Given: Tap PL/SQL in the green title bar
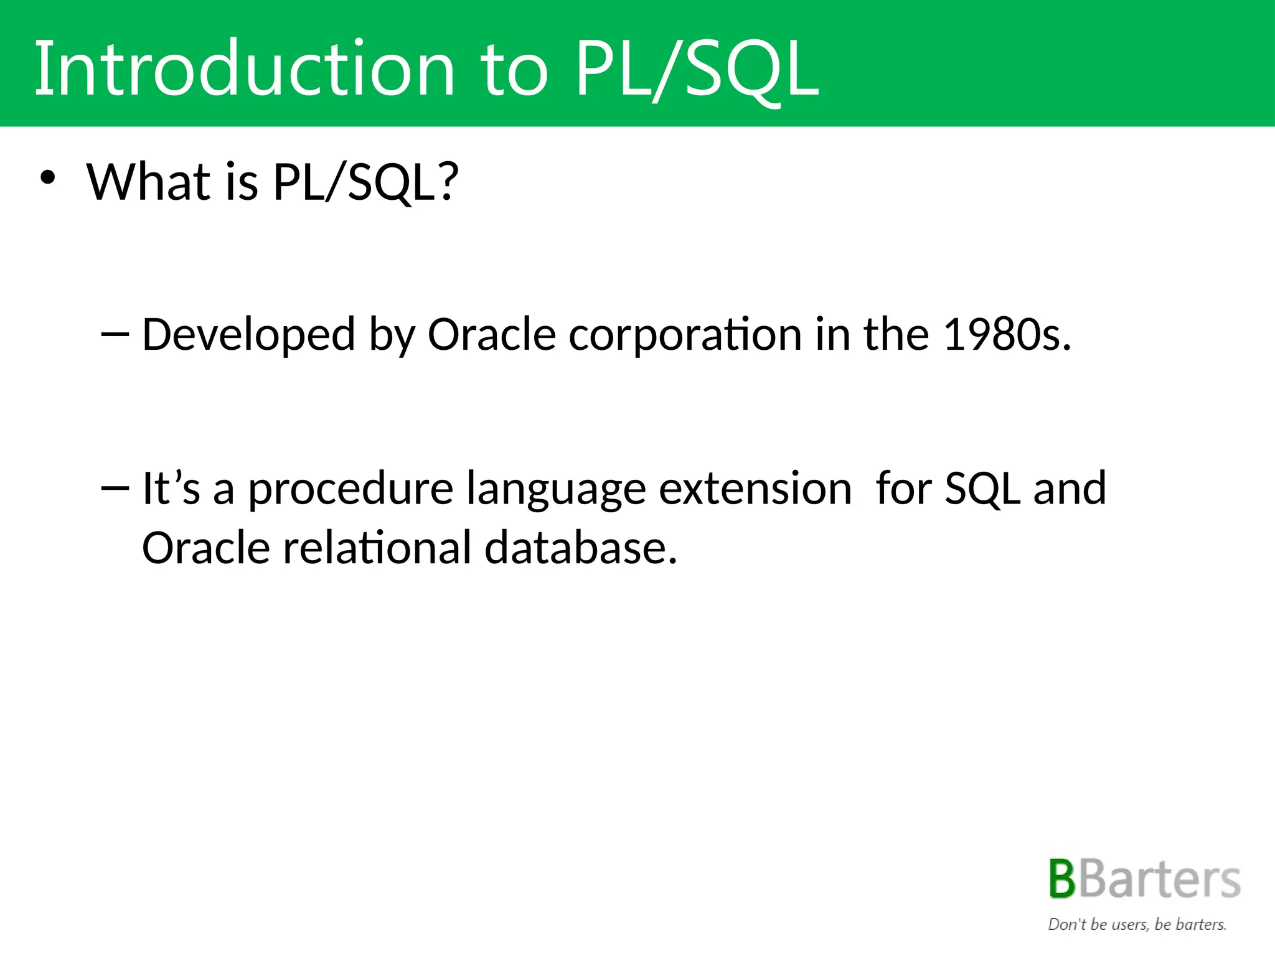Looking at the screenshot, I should coord(696,70).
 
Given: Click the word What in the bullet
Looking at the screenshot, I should coord(148,182).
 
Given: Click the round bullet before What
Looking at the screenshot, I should coord(47,179).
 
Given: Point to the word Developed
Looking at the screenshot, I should coord(248,335).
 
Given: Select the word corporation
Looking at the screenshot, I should coord(685,335).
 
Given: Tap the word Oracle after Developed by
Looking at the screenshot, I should coord(491,335).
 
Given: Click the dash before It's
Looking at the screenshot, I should coord(115,488).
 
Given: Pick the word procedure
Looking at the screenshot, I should coord(351,489).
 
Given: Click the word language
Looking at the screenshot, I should coord(556,489).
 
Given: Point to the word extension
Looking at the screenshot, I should coord(755,488).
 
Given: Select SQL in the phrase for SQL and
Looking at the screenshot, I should coord(982,489).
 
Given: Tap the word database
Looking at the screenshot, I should coord(580,548).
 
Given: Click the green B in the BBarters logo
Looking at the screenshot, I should coord(1062,879).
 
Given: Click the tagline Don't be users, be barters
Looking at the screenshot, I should coord(1137,924).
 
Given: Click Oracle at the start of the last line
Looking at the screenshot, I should coord(206,548).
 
